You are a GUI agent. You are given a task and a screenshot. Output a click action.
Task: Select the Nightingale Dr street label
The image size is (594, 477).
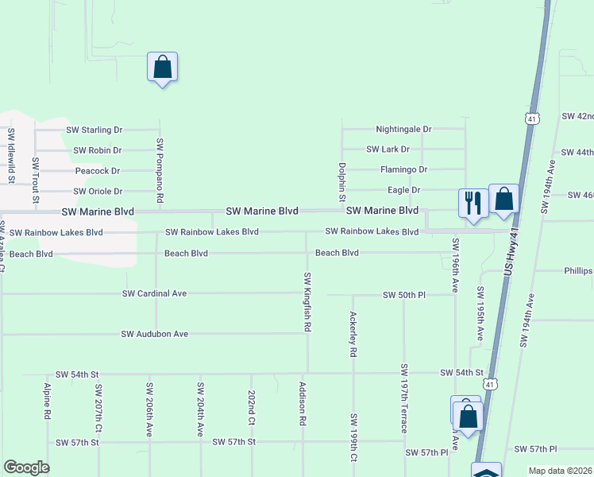click(x=403, y=129)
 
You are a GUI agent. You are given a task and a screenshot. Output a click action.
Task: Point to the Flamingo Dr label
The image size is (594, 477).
click(x=403, y=169)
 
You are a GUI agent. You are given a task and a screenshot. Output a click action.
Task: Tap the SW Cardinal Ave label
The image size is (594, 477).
click(x=154, y=293)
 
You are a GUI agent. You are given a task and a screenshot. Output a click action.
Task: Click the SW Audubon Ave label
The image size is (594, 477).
click(x=154, y=334)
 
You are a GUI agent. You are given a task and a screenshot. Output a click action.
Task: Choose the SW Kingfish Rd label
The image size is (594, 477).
click(x=307, y=301)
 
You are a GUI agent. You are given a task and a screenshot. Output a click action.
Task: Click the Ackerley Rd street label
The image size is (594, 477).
click(x=353, y=333)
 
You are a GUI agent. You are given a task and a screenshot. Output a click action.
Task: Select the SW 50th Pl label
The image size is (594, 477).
click(x=404, y=295)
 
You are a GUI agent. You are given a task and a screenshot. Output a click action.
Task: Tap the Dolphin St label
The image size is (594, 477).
click(x=342, y=180)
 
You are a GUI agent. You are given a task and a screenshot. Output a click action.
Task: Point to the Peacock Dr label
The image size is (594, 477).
click(x=97, y=171)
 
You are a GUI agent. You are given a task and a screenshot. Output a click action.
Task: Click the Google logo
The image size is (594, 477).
click(x=26, y=467)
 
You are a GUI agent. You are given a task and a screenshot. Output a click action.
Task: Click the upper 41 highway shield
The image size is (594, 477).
click(x=531, y=118)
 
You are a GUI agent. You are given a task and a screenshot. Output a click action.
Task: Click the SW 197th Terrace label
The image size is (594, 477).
click(x=404, y=398)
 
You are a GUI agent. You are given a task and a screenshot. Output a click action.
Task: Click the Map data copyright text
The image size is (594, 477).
click(x=560, y=471)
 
